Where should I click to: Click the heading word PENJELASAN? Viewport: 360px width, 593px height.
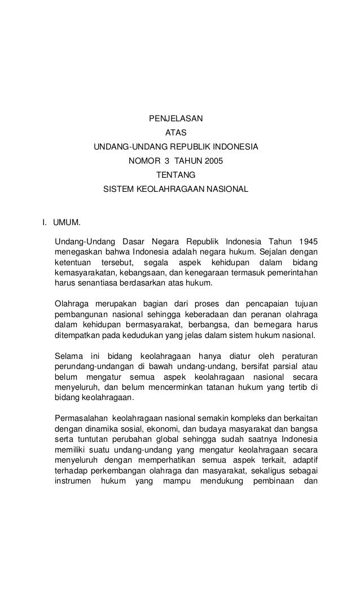[175, 119]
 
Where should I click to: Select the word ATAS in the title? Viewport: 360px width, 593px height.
[175, 133]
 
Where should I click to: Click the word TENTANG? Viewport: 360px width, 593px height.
[175, 174]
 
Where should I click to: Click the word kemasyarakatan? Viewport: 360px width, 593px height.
[86, 273]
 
